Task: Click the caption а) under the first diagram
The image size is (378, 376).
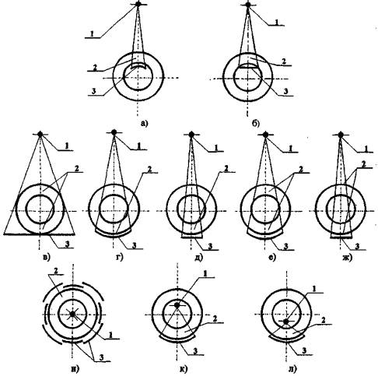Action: (x=144, y=123)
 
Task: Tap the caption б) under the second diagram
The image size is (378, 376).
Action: (x=255, y=124)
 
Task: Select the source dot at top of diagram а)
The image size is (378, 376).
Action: (x=138, y=4)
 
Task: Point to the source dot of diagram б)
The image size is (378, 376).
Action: (x=248, y=5)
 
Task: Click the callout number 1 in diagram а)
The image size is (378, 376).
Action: (x=92, y=33)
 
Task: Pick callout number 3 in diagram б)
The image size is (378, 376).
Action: (x=285, y=91)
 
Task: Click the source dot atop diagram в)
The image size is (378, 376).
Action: (x=40, y=134)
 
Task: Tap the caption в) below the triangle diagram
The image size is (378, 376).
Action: (x=46, y=258)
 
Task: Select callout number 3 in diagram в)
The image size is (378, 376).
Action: (x=67, y=244)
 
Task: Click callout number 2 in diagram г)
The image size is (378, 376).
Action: (x=149, y=169)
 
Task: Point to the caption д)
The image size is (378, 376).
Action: (x=198, y=258)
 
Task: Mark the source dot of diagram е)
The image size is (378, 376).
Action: (x=265, y=134)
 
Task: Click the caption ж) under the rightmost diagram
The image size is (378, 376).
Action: (x=348, y=258)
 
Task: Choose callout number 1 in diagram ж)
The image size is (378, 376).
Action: (x=366, y=149)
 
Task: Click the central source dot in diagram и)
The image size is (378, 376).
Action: (x=72, y=314)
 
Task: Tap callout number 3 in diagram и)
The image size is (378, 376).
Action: (x=102, y=357)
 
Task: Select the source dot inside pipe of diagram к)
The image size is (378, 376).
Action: (x=177, y=305)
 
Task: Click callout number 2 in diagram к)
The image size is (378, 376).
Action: (x=215, y=319)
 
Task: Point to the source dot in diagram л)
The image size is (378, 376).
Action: (x=285, y=322)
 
